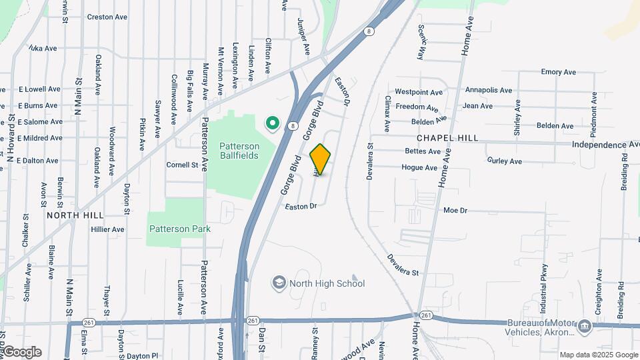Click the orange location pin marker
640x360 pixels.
click(x=321, y=159)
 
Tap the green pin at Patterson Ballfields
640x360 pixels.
click(x=272, y=123)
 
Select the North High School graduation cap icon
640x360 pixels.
click(x=279, y=283)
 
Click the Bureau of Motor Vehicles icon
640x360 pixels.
click(x=585, y=327)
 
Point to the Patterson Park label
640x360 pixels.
click(x=179, y=229)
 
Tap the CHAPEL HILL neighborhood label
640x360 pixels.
click(x=447, y=138)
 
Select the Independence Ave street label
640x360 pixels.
click(x=605, y=145)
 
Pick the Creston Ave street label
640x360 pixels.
click(x=107, y=17)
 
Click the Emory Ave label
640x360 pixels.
click(x=558, y=72)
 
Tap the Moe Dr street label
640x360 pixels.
click(x=455, y=211)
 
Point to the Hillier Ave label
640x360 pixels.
click(x=108, y=229)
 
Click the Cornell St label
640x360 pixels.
click(x=183, y=165)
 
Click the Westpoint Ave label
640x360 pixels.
click(x=419, y=92)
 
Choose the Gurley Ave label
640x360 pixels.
click(x=505, y=161)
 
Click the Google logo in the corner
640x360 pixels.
click(x=22, y=352)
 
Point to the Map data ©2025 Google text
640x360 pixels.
click(x=599, y=355)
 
